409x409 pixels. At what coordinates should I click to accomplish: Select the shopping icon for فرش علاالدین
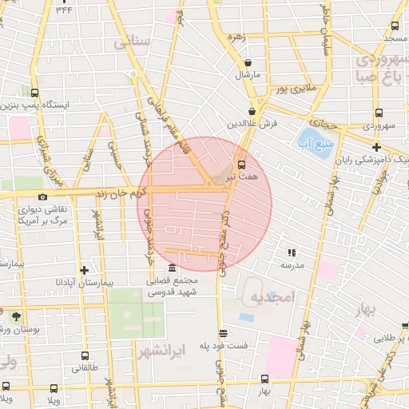[x=252, y=112]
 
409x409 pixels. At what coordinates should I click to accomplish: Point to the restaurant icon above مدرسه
[x=290, y=252]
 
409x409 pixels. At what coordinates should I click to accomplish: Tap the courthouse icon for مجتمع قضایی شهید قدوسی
[x=173, y=268]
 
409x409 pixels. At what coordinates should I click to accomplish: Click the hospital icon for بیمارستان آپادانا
[x=84, y=270]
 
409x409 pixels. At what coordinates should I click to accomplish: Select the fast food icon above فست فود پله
[x=222, y=334]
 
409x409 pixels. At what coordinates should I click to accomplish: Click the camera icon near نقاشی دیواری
[x=42, y=197]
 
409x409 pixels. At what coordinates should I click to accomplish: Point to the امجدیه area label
[x=272, y=296]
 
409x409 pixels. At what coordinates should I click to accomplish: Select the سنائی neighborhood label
[x=133, y=42]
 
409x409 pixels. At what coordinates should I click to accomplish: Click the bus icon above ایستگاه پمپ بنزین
[x=35, y=93]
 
